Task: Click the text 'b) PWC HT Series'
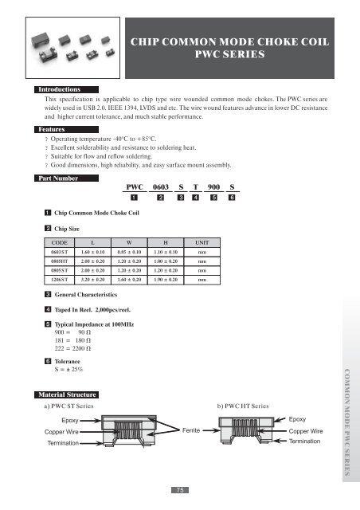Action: coord(248,406)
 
